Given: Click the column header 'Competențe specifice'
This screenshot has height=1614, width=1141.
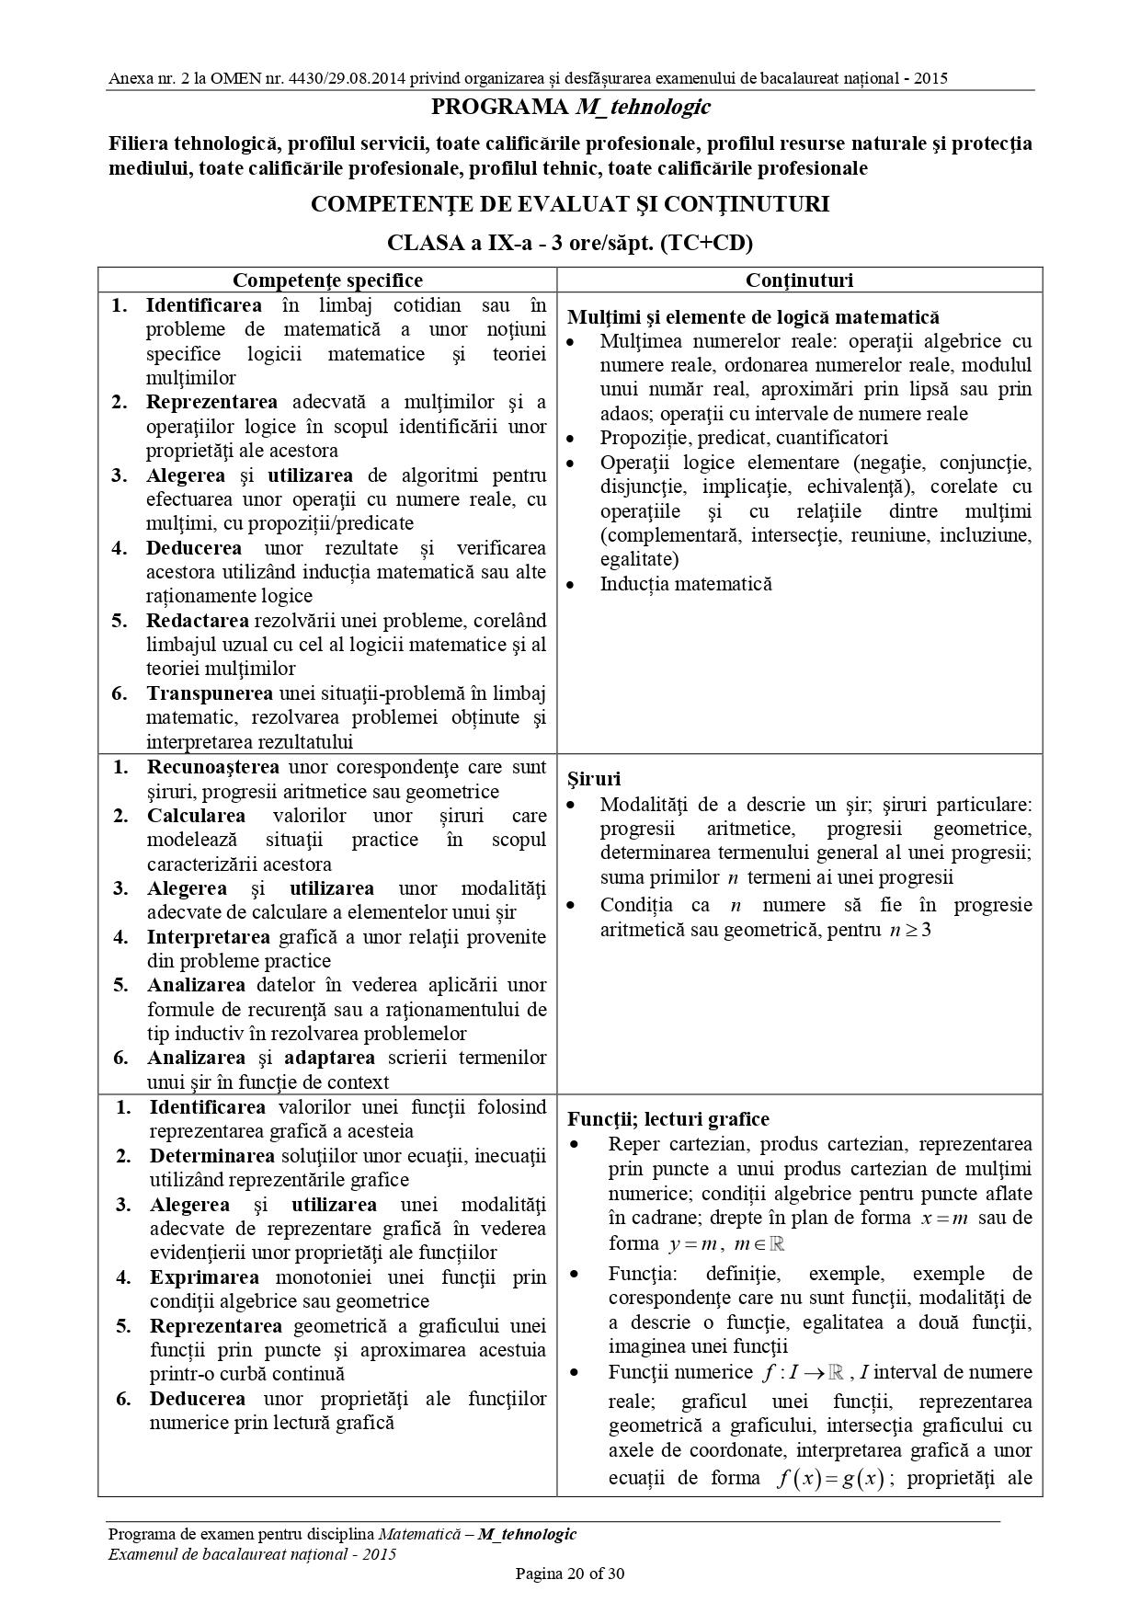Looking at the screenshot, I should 327,280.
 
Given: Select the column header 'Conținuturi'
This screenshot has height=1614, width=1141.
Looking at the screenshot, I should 799,280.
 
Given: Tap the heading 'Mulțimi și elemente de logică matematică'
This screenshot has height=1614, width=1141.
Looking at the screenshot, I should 753,317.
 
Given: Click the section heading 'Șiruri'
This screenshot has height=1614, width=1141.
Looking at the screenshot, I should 594,780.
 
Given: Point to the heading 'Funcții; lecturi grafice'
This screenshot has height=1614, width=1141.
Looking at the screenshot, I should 667,1119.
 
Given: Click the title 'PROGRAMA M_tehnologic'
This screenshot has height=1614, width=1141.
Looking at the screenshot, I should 570,108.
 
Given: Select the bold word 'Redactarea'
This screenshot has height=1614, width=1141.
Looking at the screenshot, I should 196,621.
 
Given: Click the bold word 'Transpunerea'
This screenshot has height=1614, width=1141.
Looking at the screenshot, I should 210,693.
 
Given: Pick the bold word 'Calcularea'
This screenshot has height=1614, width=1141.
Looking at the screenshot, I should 197,816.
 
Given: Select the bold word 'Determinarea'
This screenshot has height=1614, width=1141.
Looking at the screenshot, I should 212,1156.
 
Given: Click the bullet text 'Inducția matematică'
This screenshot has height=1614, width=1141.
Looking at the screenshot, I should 686,584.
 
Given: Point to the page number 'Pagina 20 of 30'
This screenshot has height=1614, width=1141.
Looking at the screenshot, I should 570,1574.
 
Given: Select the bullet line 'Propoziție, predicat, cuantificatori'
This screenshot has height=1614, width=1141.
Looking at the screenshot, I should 744,438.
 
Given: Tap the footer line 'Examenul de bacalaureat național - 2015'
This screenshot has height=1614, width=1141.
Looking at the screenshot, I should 252,1554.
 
